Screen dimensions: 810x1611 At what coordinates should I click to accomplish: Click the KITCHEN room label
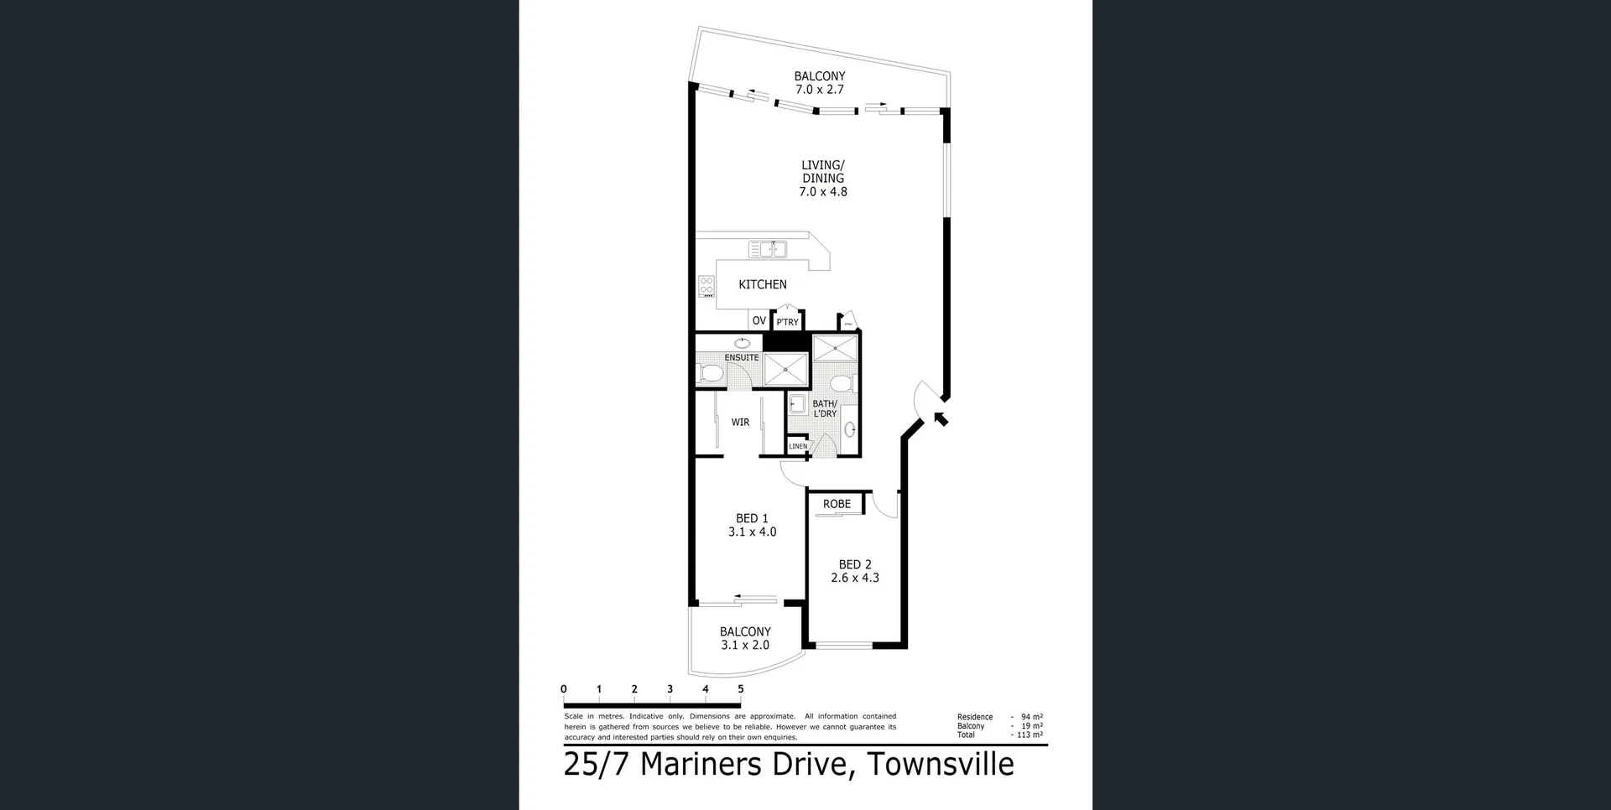click(762, 284)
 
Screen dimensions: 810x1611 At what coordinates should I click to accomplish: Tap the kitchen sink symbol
click(768, 249)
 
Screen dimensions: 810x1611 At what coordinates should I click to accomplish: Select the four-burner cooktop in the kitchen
click(706, 286)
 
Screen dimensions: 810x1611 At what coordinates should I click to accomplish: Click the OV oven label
click(759, 320)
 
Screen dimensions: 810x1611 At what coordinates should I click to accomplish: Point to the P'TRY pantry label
click(787, 322)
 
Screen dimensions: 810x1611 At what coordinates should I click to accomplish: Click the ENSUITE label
click(742, 357)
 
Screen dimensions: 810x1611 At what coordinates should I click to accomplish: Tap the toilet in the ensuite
click(712, 373)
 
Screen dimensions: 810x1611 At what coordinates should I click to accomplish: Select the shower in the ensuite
click(786, 369)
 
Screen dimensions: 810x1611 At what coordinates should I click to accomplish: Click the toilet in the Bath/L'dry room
click(841, 384)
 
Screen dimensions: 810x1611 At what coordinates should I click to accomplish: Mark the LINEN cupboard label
click(798, 446)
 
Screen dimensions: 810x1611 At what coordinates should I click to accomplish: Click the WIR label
click(740, 422)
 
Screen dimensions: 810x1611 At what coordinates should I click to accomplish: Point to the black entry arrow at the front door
click(941, 418)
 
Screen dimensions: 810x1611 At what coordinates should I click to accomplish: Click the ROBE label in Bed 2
click(837, 504)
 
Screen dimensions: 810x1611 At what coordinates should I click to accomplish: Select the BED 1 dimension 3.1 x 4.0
click(752, 532)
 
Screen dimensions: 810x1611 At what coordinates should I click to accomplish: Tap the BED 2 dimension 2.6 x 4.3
click(855, 578)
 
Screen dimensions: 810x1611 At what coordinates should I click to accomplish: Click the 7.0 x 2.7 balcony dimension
click(820, 89)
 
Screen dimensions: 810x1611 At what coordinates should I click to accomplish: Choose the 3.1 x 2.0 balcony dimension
click(745, 645)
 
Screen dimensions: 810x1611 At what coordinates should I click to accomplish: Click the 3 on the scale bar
click(670, 689)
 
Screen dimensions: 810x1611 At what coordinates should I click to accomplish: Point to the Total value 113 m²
click(1030, 735)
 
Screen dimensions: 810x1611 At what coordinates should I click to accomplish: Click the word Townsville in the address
click(940, 764)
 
